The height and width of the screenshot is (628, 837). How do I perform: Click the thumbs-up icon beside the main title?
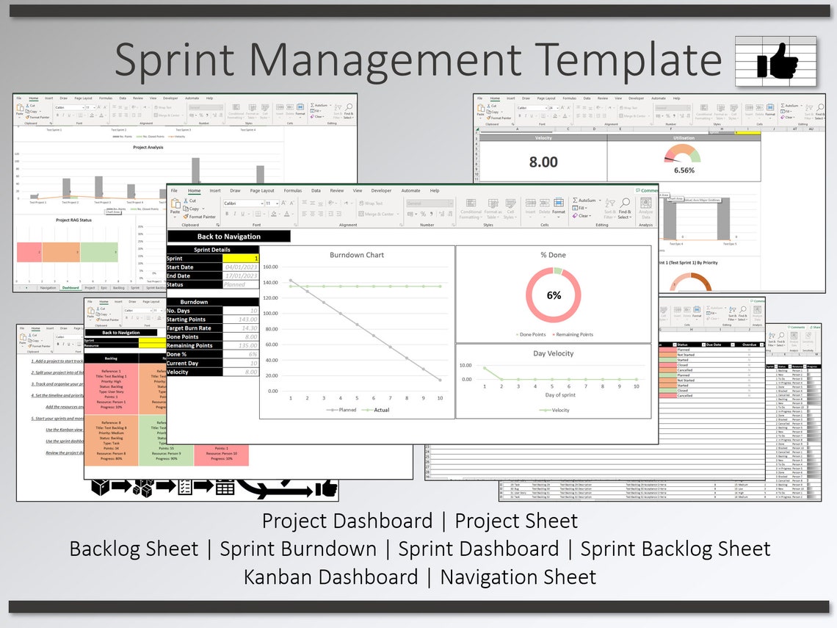coord(777,61)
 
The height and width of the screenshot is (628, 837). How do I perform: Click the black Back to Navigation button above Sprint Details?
coord(228,237)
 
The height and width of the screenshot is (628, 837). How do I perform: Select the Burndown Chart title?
coord(356,255)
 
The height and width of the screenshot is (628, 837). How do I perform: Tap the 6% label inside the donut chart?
coord(554,295)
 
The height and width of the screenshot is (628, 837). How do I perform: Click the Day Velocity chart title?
coord(554,353)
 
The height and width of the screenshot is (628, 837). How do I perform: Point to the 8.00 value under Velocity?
coord(543,162)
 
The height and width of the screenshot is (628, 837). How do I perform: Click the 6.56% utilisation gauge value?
coord(684,170)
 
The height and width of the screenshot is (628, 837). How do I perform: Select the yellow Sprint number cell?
coord(240,259)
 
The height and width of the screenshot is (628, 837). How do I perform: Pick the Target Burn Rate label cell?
coord(194,328)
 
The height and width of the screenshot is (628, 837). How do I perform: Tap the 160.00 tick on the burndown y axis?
coord(269,267)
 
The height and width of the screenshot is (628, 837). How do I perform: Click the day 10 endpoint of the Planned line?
coord(440,380)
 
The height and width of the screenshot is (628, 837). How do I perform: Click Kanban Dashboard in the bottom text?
coord(330,577)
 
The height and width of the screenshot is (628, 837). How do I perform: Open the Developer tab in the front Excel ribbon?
coord(381,190)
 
